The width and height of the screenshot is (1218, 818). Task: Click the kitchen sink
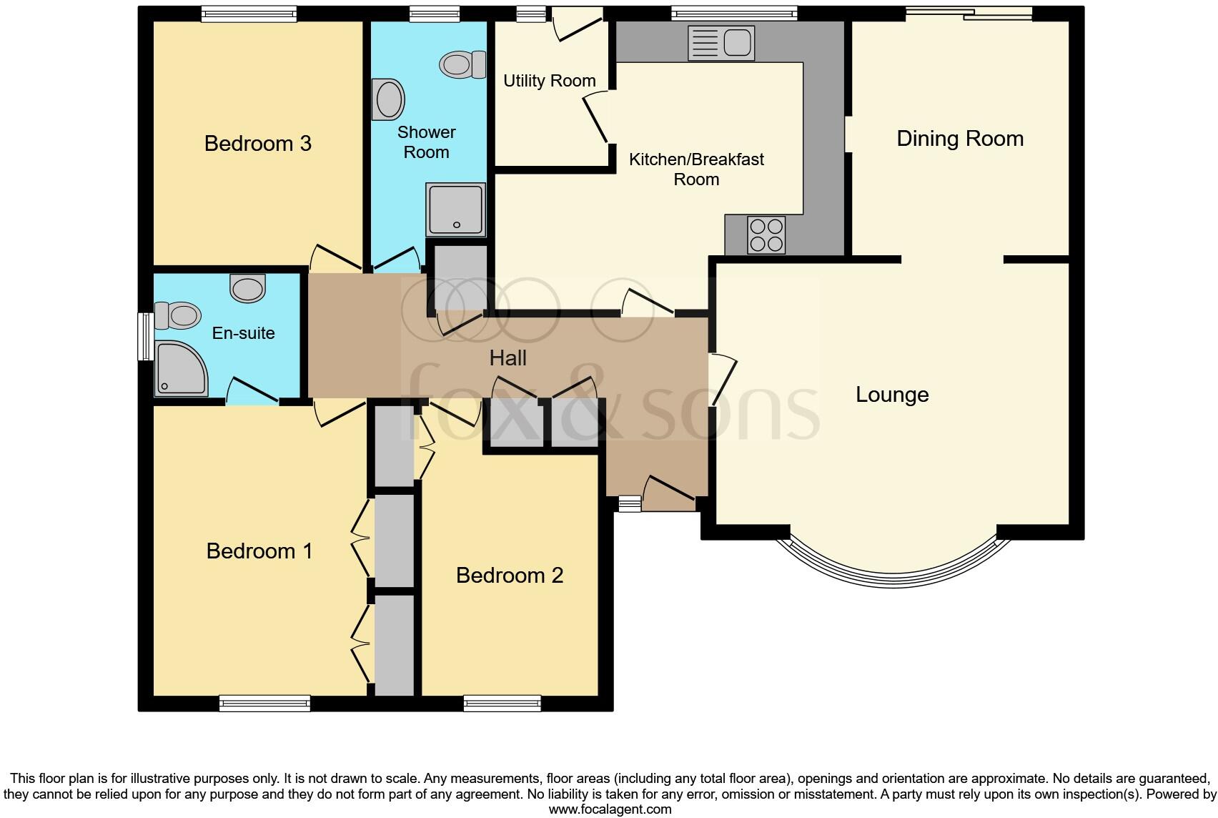coord(721,43)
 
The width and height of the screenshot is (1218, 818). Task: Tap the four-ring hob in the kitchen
coord(766,235)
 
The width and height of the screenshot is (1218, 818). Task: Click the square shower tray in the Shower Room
coord(456,210)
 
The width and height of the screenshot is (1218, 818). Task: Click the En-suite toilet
coord(177,315)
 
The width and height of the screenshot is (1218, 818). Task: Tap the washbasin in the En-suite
coord(247,289)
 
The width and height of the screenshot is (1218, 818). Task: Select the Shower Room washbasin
coord(387,99)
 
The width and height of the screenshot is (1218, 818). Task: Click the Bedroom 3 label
coord(257,143)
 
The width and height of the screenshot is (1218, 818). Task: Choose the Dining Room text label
coord(959,138)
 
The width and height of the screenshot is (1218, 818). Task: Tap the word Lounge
coord(892,395)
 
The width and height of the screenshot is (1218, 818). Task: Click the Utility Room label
coord(549,81)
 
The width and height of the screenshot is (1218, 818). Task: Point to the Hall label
coord(508,358)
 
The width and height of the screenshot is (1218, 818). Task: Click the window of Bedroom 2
coord(502,704)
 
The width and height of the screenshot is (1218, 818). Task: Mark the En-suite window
coord(146,336)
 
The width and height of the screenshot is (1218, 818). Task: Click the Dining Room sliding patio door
coord(969,13)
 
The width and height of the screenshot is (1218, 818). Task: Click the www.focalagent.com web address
coord(610,809)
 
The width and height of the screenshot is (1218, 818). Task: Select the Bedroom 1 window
coord(264,704)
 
